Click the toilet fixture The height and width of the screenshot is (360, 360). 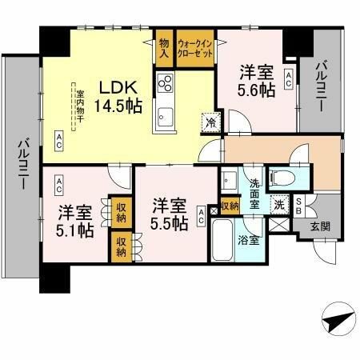click(282, 176)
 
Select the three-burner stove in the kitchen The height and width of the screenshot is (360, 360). click(166, 83)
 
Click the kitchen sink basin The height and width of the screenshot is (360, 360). click(166, 116)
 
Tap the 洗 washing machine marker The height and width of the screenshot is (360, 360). click(281, 203)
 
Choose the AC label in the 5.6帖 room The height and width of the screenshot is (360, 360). click(287, 78)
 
